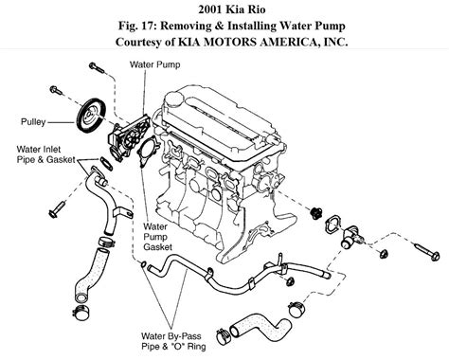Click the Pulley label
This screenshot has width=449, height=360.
tap(33, 122)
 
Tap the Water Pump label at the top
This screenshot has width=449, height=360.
tap(154, 64)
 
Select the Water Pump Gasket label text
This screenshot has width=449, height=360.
tap(158, 237)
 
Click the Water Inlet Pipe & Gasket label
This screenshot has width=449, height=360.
tap(46, 154)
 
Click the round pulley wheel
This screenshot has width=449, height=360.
tap(92, 116)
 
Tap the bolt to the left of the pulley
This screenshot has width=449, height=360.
tap(56, 90)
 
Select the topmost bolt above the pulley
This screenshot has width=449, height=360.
tap(97, 67)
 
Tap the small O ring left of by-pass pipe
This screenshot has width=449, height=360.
tap(143, 264)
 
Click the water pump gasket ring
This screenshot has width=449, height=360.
tap(149, 153)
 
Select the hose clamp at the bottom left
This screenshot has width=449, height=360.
tap(81, 313)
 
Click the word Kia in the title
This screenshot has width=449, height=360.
tap(234, 9)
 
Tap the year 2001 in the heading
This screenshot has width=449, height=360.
tap(209, 9)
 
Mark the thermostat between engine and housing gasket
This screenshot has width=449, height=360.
tap(315, 212)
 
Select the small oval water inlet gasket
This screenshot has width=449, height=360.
tap(106, 164)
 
